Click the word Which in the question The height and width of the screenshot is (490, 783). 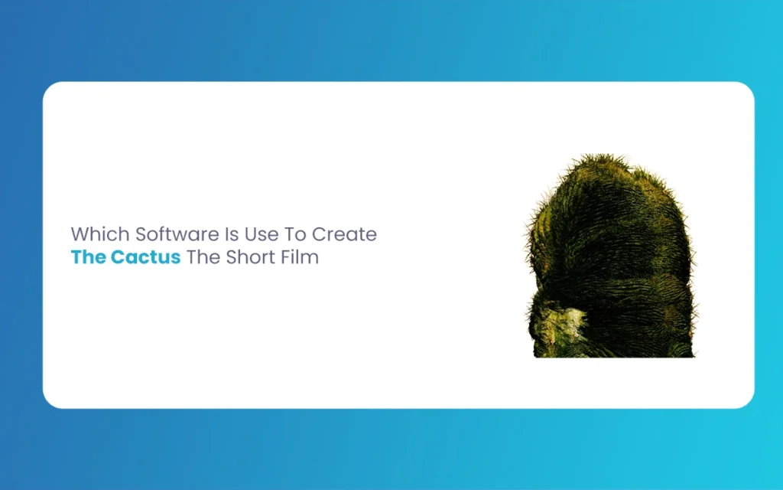pos(100,234)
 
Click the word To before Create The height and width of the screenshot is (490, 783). pos(295,234)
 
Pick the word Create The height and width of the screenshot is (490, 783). pos(345,234)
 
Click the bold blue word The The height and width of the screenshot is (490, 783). pos(89,257)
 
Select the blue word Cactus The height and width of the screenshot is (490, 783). pos(145,257)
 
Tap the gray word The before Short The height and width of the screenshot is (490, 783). pos(203,257)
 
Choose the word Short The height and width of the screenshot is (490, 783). pos(251,257)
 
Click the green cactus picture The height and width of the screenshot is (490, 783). pos(610,256)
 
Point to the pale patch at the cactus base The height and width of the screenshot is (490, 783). pos(559,325)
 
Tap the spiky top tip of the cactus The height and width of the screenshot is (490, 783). pos(599,155)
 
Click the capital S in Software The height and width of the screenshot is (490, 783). pos(141,234)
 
